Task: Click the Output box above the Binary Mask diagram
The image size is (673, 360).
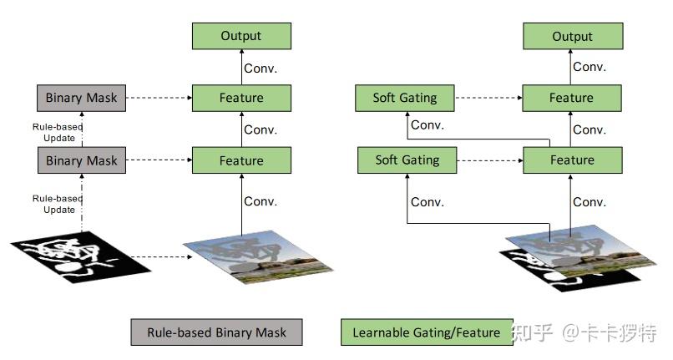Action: (241, 36)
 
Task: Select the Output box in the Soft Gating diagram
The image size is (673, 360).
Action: (573, 36)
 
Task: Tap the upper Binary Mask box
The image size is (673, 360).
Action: (82, 98)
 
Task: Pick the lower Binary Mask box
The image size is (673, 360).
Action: (82, 160)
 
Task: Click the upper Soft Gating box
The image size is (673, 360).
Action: (405, 98)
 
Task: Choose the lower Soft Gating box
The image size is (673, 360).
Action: (407, 160)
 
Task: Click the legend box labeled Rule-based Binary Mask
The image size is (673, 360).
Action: (217, 332)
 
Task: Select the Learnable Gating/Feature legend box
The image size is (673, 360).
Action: (427, 332)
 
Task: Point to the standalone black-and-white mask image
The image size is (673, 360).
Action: (81, 257)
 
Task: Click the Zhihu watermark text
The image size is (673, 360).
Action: (584, 333)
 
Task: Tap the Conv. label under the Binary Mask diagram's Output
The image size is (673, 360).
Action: (261, 68)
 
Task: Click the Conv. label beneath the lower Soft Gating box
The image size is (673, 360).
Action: (427, 202)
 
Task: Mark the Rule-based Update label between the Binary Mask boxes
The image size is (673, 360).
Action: (58, 132)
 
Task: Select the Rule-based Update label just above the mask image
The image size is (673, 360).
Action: (58, 204)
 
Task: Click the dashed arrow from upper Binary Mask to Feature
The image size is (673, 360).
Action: (159, 98)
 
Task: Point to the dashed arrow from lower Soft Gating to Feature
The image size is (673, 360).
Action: (490, 160)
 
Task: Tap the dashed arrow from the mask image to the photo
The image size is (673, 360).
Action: (161, 257)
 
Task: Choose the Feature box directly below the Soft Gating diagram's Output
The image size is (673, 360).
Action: (572, 98)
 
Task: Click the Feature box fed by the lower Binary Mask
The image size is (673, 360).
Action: (241, 160)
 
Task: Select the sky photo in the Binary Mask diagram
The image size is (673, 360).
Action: (258, 257)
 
